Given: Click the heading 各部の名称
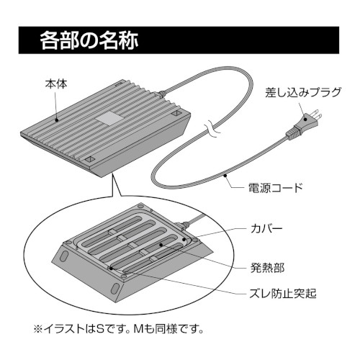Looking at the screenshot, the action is (x=89, y=40).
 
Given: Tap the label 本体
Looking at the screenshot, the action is (x=56, y=84).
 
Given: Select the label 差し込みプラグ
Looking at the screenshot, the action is (x=303, y=92).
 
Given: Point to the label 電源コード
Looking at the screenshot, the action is (x=275, y=187).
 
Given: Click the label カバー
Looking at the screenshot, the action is (x=266, y=229).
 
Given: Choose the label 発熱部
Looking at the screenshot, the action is (x=267, y=267).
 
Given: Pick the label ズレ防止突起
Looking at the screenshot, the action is (x=283, y=293).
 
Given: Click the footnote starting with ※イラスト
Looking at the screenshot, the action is (x=119, y=328).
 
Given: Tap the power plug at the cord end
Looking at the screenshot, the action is (x=303, y=125).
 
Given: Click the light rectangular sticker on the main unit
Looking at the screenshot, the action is (x=109, y=118).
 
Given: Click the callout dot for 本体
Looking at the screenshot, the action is (x=57, y=120).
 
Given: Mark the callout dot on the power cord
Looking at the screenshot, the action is (x=225, y=176).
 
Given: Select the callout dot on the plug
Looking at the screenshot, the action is (x=305, y=119).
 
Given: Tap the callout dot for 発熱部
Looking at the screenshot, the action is (x=161, y=245).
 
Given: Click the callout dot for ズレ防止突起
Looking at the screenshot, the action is (x=111, y=268).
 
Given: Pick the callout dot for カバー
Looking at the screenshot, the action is (x=184, y=239).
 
